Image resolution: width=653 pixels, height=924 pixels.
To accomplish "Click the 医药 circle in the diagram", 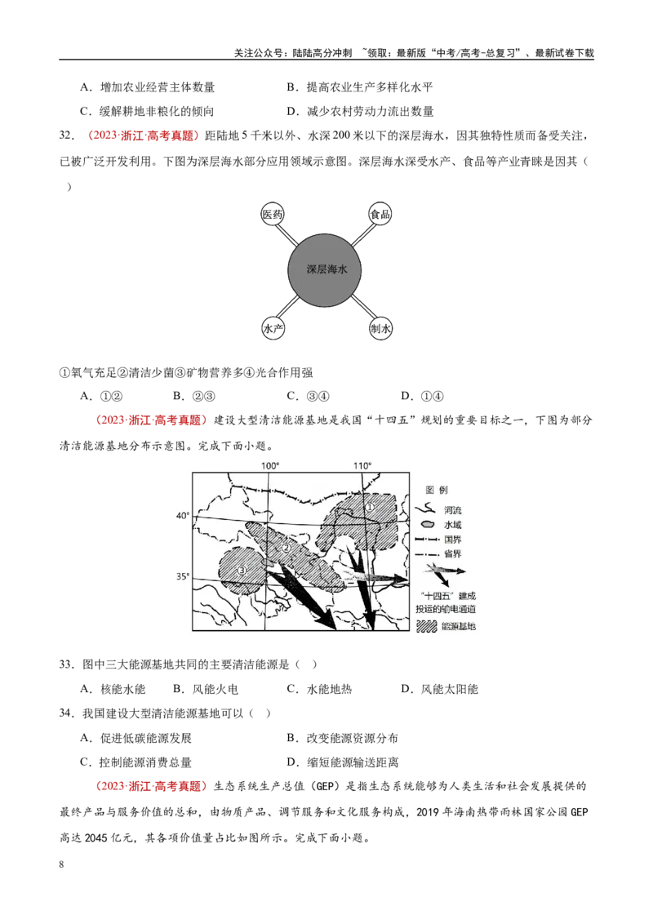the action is [x=273, y=214].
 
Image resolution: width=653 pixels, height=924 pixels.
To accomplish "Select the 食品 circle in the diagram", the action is [x=380, y=214].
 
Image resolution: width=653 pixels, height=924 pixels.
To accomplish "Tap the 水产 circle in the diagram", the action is [x=273, y=328].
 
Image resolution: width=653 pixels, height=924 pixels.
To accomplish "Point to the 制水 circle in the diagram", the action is [x=380, y=328].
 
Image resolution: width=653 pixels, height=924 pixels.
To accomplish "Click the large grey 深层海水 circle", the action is [x=325, y=269].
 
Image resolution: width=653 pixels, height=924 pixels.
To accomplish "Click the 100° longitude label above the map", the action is [x=270, y=465].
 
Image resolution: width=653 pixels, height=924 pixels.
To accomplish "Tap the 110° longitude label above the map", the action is [x=362, y=465].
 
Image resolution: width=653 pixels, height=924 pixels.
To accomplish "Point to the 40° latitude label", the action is [x=183, y=516].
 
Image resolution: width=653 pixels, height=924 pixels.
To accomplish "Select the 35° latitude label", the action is [x=183, y=576].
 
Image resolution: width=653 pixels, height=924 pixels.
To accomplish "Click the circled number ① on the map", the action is [x=370, y=507].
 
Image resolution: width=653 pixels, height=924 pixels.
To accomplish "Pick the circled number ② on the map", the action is [x=287, y=548].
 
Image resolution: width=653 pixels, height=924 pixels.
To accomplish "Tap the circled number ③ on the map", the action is [x=241, y=570].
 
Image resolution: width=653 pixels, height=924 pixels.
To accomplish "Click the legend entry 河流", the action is [x=453, y=510].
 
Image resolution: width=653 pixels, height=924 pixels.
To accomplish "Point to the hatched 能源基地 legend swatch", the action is [x=427, y=626].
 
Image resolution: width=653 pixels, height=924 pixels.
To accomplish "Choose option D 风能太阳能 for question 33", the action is [x=439, y=689].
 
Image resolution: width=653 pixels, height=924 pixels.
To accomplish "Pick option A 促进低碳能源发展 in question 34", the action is [x=135, y=738].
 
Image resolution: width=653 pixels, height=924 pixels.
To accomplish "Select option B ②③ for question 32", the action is [x=194, y=396].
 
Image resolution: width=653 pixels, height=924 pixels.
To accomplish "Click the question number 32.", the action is [x=67, y=135].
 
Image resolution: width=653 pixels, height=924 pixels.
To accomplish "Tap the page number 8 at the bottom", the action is [x=61, y=864].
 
